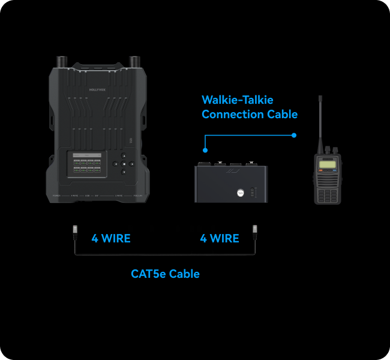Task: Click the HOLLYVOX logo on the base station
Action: (97, 89)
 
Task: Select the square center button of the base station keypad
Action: (124, 164)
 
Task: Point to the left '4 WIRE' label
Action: (110, 238)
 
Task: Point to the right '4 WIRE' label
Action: (219, 238)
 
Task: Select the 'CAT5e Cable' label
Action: (165, 274)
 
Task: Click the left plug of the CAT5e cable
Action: (75, 230)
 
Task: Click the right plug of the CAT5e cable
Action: (255, 230)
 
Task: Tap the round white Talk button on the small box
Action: (241, 193)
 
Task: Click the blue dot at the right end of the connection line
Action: (294, 135)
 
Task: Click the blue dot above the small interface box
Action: (205, 151)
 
